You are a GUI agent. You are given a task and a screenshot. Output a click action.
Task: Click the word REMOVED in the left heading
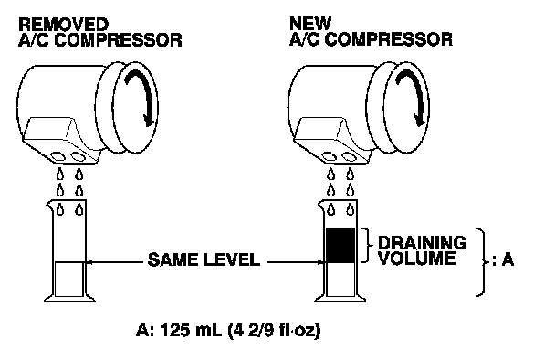pyautogui.click(x=63, y=25)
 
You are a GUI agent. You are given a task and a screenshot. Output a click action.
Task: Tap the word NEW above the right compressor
pyautogui.click(x=310, y=24)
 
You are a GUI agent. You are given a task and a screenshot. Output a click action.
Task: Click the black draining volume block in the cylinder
pyautogui.click(x=340, y=245)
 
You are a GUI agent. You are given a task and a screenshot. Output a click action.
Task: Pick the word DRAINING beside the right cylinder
pyautogui.click(x=423, y=243)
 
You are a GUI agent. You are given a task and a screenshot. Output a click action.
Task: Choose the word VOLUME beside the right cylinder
pyautogui.click(x=416, y=259)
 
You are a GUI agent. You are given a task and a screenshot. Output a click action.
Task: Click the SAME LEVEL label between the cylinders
pyautogui.click(x=204, y=259)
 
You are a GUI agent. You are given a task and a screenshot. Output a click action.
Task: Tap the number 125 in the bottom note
pyautogui.click(x=174, y=330)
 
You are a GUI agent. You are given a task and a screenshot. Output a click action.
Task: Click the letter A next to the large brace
pyautogui.click(x=508, y=260)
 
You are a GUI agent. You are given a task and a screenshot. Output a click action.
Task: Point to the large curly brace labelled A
pyautogui.click(x=482, y=262)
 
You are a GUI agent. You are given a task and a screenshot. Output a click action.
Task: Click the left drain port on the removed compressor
pyautogui.click(x=58, y=156)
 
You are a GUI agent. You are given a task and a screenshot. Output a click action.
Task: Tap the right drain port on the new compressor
pyautogui.click(x=349, y=156)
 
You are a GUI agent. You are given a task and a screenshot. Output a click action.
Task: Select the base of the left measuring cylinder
pyautogui.click(x=69, y=299)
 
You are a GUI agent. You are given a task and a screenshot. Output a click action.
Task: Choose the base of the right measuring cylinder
pyautogui.click(x=340, y=299)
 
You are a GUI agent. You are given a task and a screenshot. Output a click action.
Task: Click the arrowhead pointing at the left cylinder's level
pyautogui.click(x=89, y=262)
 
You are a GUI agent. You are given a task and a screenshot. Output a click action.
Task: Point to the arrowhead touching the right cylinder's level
pyautogui.click(x=321, y=262)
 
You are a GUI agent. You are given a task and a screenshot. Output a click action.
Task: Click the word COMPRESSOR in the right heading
pyautogui.click(x=388, y=39)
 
